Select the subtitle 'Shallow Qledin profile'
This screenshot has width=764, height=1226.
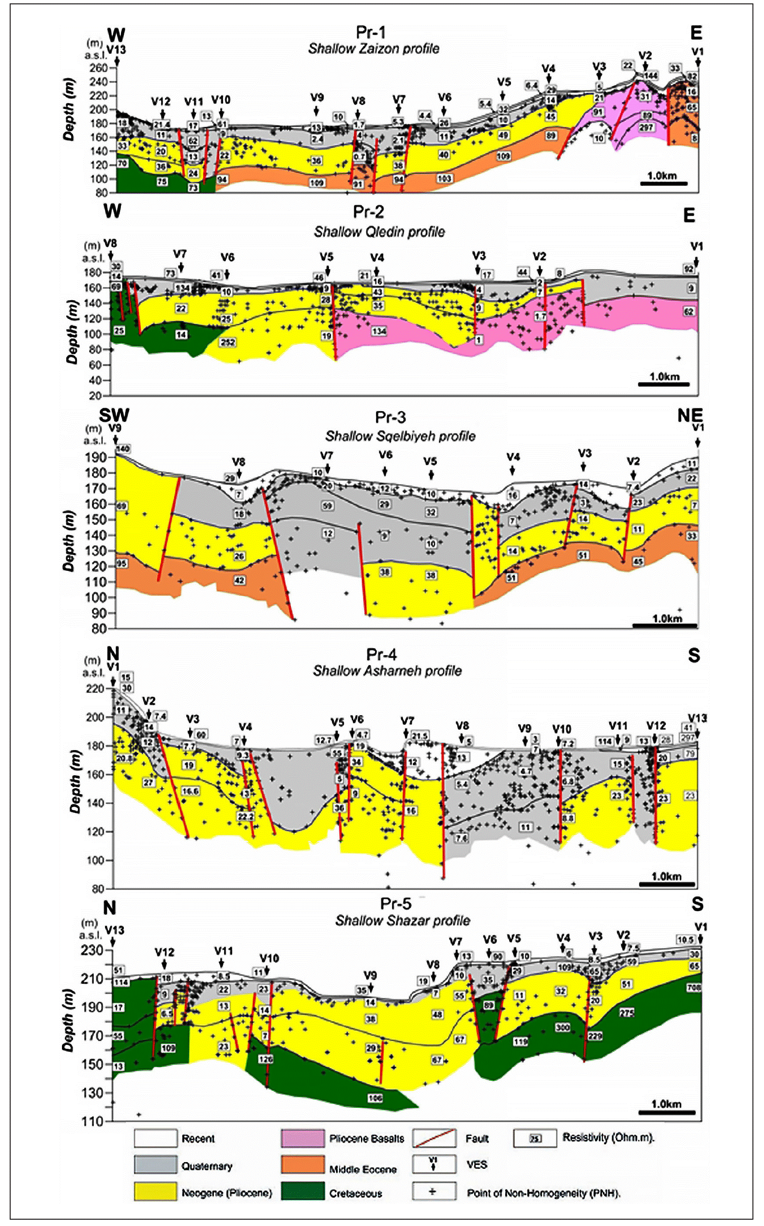tap(379, 231)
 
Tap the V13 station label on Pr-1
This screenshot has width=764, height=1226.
tap(116, 49)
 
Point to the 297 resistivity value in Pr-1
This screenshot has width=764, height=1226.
tap(646, 127)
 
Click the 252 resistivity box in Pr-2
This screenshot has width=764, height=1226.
tap(228, 342)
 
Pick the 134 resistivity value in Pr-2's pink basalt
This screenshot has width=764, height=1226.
tap(379, 331)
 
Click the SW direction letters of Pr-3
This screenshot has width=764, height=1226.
tap(114, 415)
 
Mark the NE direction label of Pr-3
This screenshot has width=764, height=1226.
tap(689, 415)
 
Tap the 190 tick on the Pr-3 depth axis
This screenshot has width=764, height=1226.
tap(95, 458)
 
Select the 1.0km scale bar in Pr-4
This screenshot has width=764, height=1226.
tap(667, 884)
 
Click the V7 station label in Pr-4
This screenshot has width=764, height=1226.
tap(407, 720)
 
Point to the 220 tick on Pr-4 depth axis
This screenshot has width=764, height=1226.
tap(95, 689)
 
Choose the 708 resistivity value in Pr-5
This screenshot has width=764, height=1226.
tap(694, 987)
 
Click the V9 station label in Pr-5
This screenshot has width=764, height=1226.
tap(370, 975)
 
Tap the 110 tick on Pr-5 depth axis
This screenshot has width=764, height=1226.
tap(93, 1121)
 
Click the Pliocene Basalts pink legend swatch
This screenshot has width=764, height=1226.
tap(302, 1138)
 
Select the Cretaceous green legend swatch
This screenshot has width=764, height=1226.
tap(302, 1191)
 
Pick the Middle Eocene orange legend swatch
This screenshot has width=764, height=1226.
tap(302, 1165)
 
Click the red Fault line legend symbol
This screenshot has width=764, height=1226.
tap(434, 1138)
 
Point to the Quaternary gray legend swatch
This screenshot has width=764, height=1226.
tap(156, 1165)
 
